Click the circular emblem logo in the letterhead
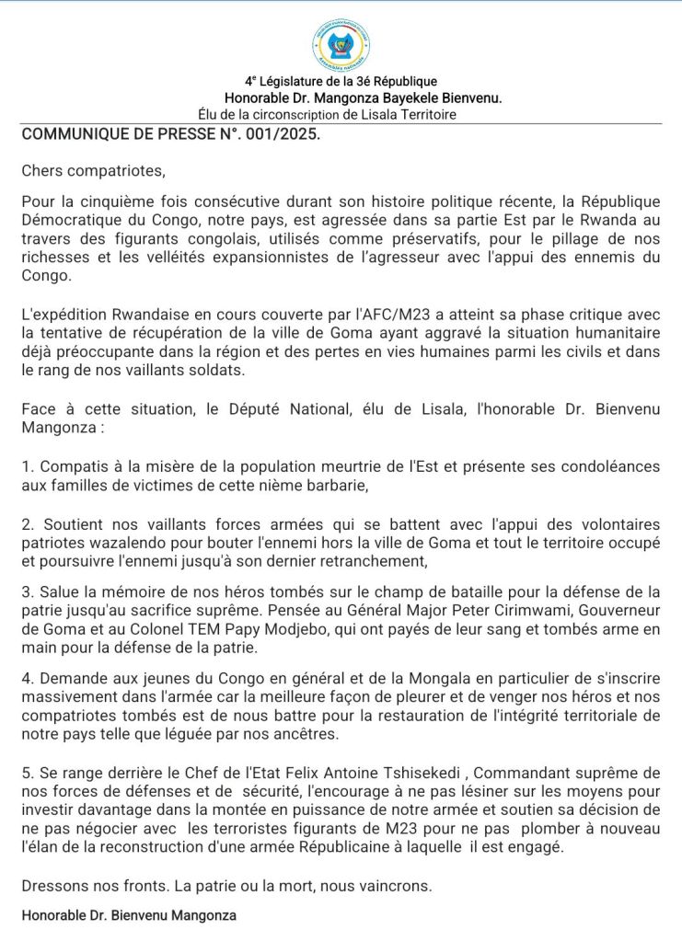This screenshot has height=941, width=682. [340, 45]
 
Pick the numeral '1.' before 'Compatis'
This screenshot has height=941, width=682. [28, 466]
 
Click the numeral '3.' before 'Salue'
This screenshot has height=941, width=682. [28, 591]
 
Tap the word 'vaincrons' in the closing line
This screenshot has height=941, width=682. [397, 886]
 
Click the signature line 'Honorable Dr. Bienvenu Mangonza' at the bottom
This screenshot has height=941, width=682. [129, 915]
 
